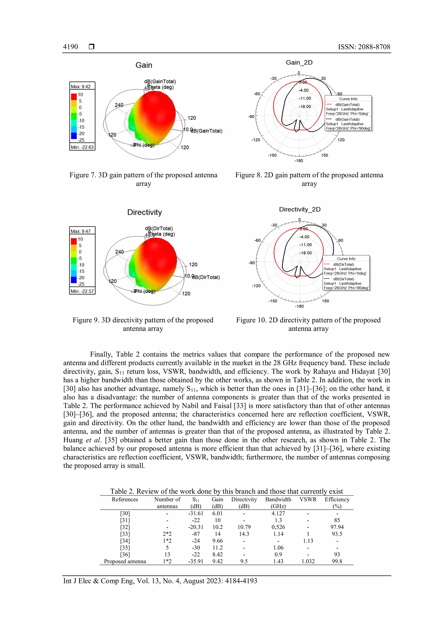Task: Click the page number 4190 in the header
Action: tap(70, 47)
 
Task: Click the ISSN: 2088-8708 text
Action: tap(364, 47)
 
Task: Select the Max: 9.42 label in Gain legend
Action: tap(81, 87)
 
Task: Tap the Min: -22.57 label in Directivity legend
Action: tap(82, 291)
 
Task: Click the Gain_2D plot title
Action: tap(299, 63)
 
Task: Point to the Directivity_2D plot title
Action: tap(300, 209)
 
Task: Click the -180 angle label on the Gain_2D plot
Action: tap(299, 161)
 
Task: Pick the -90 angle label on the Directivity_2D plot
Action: tap(252, 263)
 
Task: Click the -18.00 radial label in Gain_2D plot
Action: tap(305, 107)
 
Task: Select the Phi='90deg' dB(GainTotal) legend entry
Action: tap(348, 124)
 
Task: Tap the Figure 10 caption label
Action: tap(251, 320)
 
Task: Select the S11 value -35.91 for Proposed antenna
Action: tap(196, 561)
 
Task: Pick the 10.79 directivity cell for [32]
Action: tap(244, 527)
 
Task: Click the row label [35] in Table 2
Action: tap(125, 548)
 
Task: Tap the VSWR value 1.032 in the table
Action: tap(308, 561)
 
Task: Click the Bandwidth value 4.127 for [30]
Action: tap(278, 513)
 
